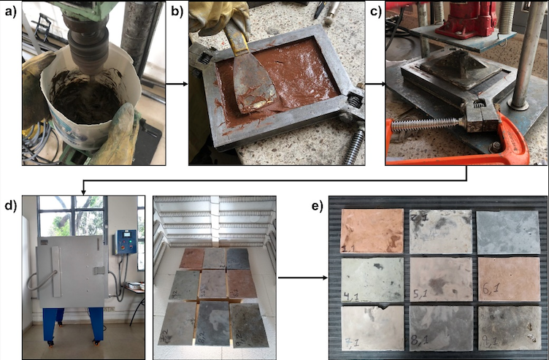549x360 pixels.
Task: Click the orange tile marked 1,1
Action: point(372,231)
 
